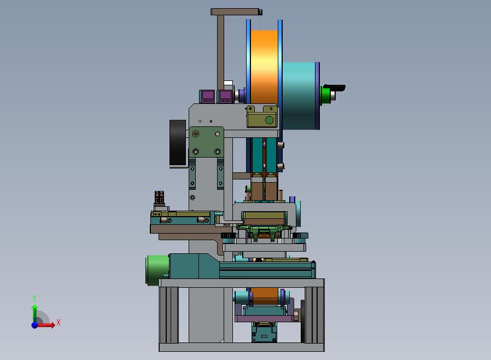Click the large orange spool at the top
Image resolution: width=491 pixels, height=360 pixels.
coord(264,67)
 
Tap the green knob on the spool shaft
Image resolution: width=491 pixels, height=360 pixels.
coord(326,95)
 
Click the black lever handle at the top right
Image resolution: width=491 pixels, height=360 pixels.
coord(335,88)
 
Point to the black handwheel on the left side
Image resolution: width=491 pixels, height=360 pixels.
coord(178,143)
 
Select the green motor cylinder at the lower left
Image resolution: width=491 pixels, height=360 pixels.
coord(157,270)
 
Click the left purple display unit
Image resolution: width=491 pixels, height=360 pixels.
coord(207,96)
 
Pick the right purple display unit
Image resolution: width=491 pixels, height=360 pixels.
coord(225,96)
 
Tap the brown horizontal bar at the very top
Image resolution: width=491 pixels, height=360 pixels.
coord(236,12)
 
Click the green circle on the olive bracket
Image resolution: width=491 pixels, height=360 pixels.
coord(269,120)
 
